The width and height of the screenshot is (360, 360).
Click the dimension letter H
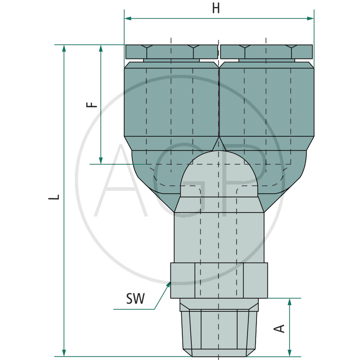point(216,8)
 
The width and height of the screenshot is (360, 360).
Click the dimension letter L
point(54,197)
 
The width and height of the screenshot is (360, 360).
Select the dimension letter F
point(92,105)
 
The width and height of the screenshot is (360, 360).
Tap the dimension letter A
point(279,328)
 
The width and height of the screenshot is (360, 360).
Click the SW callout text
point(135,298)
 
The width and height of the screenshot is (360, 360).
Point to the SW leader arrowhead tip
point(171,282)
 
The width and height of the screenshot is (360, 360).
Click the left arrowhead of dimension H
point(128,18)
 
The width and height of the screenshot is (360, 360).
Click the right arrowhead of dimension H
point(310,18)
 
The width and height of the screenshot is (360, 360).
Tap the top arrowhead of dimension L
point(64,48)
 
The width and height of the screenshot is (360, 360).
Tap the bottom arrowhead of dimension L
point(64,353)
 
